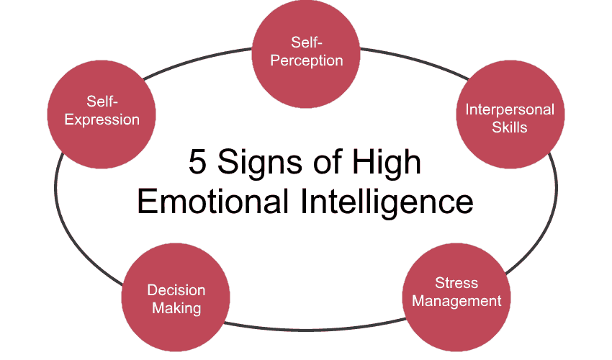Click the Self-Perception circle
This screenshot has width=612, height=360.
(306, 54)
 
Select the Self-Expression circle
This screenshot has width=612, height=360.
(102, 114)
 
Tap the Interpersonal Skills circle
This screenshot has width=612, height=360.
(510, 114)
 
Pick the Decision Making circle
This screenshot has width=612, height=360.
(176, 297)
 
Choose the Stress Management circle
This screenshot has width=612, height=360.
(456, 297)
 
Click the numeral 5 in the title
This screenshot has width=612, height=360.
(197, 162)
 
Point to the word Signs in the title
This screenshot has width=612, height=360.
(259, 164)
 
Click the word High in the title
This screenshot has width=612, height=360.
(387, 164)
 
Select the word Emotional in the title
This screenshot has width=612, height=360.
(212, 201)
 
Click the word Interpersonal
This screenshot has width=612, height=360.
(510, 109)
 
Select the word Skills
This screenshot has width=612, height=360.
(509, 127)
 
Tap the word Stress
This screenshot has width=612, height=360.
(456, 283)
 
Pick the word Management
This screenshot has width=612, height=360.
(456, 302)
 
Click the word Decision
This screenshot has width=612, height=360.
(176, 290)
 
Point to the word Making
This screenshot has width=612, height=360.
(176, 309)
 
